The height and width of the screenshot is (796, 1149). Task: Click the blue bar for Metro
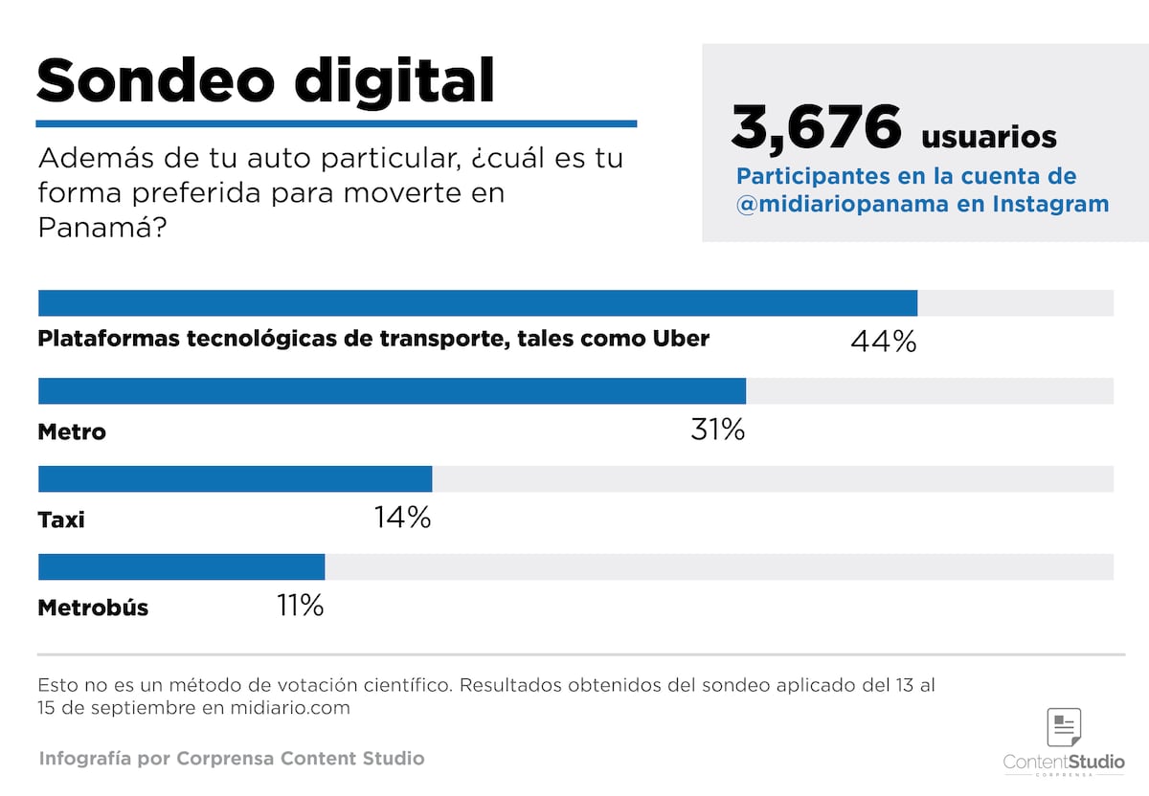[x=392, y=391]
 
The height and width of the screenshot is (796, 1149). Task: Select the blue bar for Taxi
[x=235, y=479]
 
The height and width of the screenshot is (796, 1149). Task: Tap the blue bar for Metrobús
[x=181, y=567]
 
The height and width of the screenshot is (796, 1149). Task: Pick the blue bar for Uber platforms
[x=477, y=303]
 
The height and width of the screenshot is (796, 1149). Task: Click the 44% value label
[x=883, y=341]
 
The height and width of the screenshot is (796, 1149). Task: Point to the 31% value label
[x=717, y=430]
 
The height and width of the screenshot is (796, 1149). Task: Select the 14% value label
[x=402, y=518]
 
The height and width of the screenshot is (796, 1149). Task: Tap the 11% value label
[x=299, y=606]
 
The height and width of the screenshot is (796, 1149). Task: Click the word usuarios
[x=988, y=137]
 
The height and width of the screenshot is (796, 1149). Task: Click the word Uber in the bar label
[x=681, y=338]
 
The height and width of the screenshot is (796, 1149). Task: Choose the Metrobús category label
[x=93, y=608]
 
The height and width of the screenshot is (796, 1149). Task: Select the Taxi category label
[x=61, y=520]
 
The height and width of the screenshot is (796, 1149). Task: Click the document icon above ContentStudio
[x=1064, y=728]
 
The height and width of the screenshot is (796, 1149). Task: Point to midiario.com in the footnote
[x=290, y=708]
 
